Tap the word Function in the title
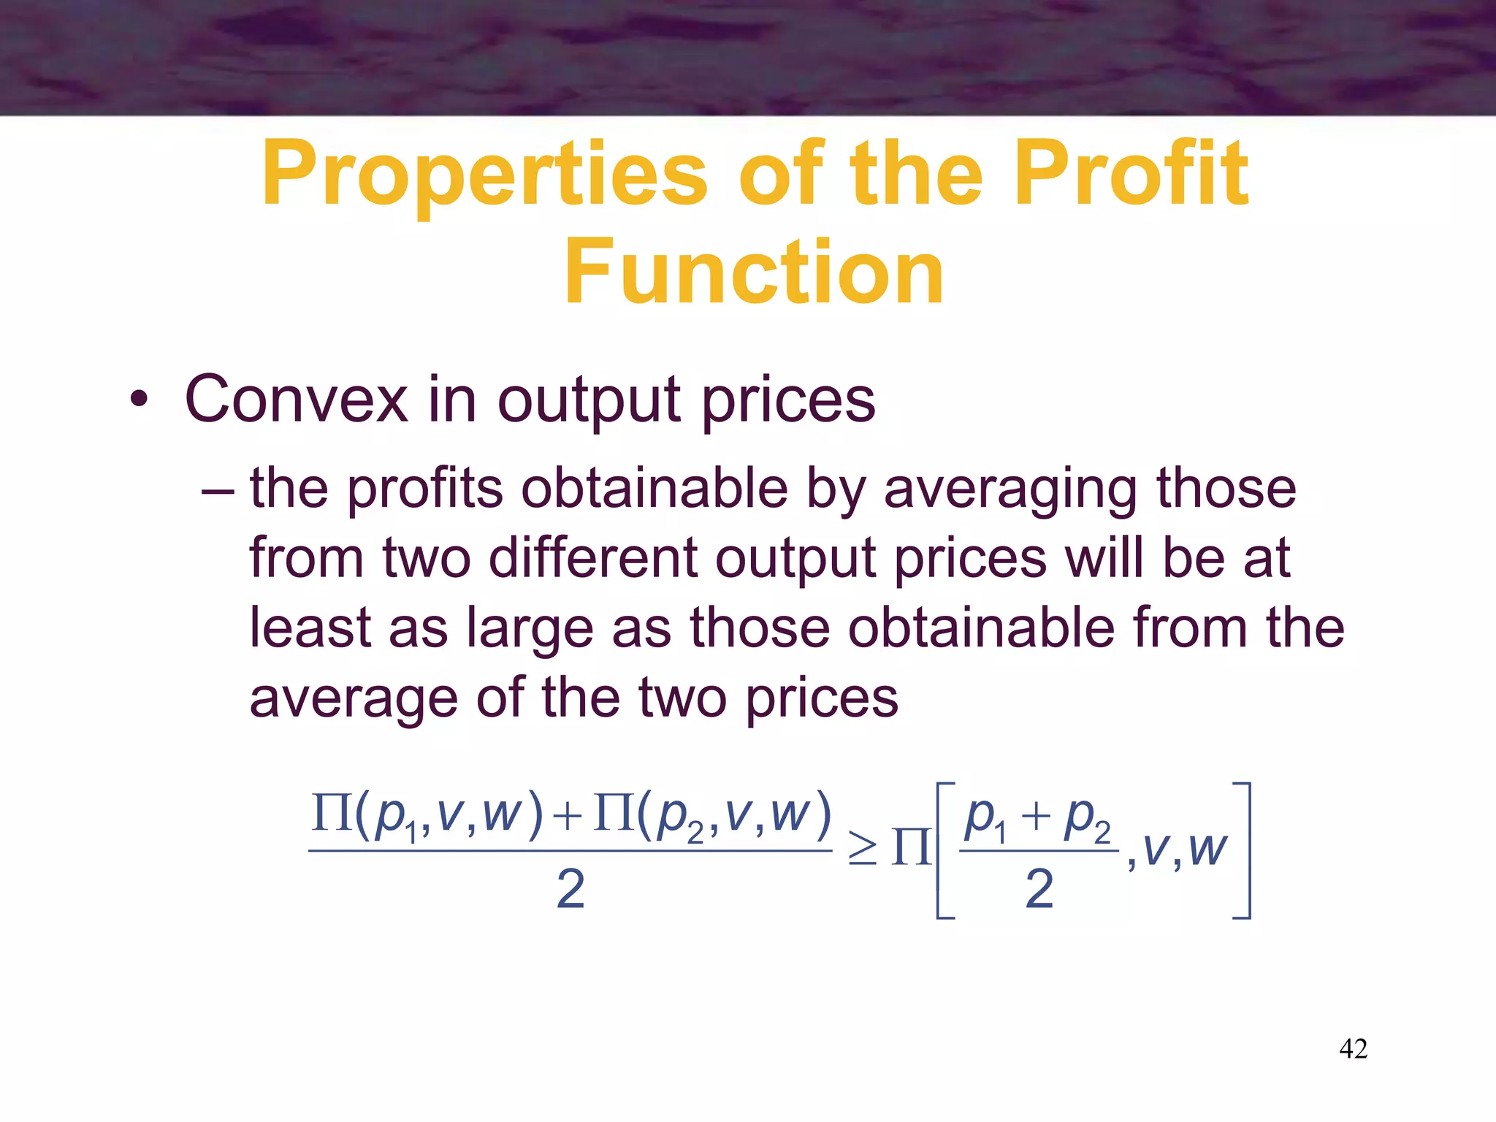tap(754, 272)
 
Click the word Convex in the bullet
tap(296, 400)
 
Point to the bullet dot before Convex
tap(139, 401)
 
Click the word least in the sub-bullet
tap(310, 627)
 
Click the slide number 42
tap(1353, 1049)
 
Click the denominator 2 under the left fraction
tap(570, 890)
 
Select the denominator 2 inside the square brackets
tap(1039, 890)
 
